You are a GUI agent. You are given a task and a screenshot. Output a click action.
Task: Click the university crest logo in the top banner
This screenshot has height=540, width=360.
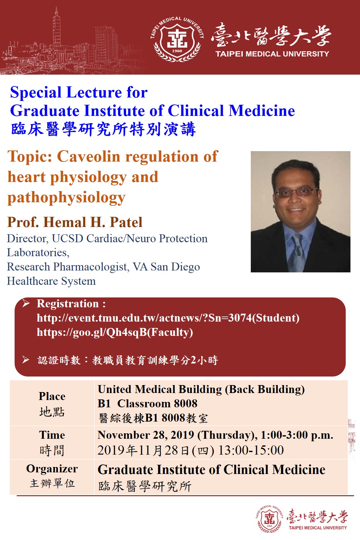tap(177, 39)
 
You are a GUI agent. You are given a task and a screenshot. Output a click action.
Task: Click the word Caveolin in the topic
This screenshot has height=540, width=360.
tap(89, 157)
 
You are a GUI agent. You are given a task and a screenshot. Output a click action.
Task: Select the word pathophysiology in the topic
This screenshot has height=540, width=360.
tap(67, 198)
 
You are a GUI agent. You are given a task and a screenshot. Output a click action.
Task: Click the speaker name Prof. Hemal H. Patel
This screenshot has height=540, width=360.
tap(75, 222)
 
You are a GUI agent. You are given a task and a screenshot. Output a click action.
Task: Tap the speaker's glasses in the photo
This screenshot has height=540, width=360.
tap(296, 192)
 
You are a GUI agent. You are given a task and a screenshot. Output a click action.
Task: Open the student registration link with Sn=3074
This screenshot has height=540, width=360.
tap(168, 318)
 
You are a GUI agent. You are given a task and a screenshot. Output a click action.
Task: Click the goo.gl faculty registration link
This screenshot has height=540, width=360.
tap(115, 332)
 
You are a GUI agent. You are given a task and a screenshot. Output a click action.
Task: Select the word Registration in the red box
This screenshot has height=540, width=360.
tap(68, 304)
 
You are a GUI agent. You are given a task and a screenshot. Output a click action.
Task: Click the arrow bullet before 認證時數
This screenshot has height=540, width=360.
tap(26, 360)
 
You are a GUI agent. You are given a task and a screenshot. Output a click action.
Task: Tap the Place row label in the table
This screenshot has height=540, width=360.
tap(52, 396)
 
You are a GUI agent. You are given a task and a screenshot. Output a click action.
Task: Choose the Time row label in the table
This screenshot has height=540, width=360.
tap(52, 435)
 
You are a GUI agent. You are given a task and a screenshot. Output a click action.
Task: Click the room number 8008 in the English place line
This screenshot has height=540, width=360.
tap(185, 403)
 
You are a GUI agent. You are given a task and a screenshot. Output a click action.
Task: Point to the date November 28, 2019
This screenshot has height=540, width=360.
tap(146, 435)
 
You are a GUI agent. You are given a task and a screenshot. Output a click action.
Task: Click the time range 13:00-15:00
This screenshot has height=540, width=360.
tap(251, 450)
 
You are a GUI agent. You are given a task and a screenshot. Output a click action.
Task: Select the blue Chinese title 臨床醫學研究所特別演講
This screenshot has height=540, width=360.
tap(103, 129)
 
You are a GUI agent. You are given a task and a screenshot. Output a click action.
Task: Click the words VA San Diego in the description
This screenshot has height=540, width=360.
tap(166, 267)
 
